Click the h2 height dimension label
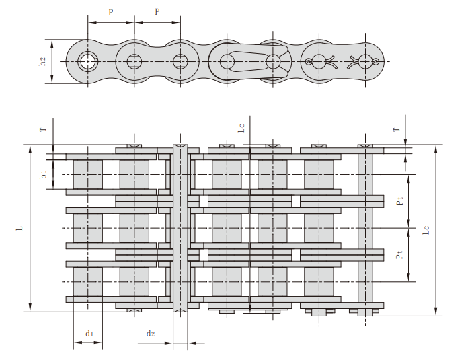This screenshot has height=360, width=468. [x=43, y=61]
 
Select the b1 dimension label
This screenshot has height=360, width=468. [x=44, y=174]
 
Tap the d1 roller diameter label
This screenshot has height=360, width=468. [x=89, y=333]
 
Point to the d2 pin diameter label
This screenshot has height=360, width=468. [x=151, y=333]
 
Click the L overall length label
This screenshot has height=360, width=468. [x=19, y=228]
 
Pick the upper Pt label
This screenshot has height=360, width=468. [x=399, y=201]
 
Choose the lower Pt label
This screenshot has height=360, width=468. [x=399, y=254]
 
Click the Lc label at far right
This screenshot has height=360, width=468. [x=426, y=230]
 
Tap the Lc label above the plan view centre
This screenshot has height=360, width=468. [x=241, y=128]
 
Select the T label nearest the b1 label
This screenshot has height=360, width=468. [x=44, y=129]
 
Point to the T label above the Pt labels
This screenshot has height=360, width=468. [x=396, y=129]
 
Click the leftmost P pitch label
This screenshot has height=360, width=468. [x=111, y=12]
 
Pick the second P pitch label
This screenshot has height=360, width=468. [x=157, y=11]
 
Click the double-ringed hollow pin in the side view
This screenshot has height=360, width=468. [x=87, y=61]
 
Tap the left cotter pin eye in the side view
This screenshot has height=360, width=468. [x=309, y=61]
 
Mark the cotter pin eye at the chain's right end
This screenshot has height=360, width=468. [x=377, y=61]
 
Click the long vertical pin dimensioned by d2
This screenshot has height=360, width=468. [x=181, y=228]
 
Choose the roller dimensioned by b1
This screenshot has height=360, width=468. [x=87, y=174]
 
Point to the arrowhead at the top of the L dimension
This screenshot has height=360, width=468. [x=30, y=149]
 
